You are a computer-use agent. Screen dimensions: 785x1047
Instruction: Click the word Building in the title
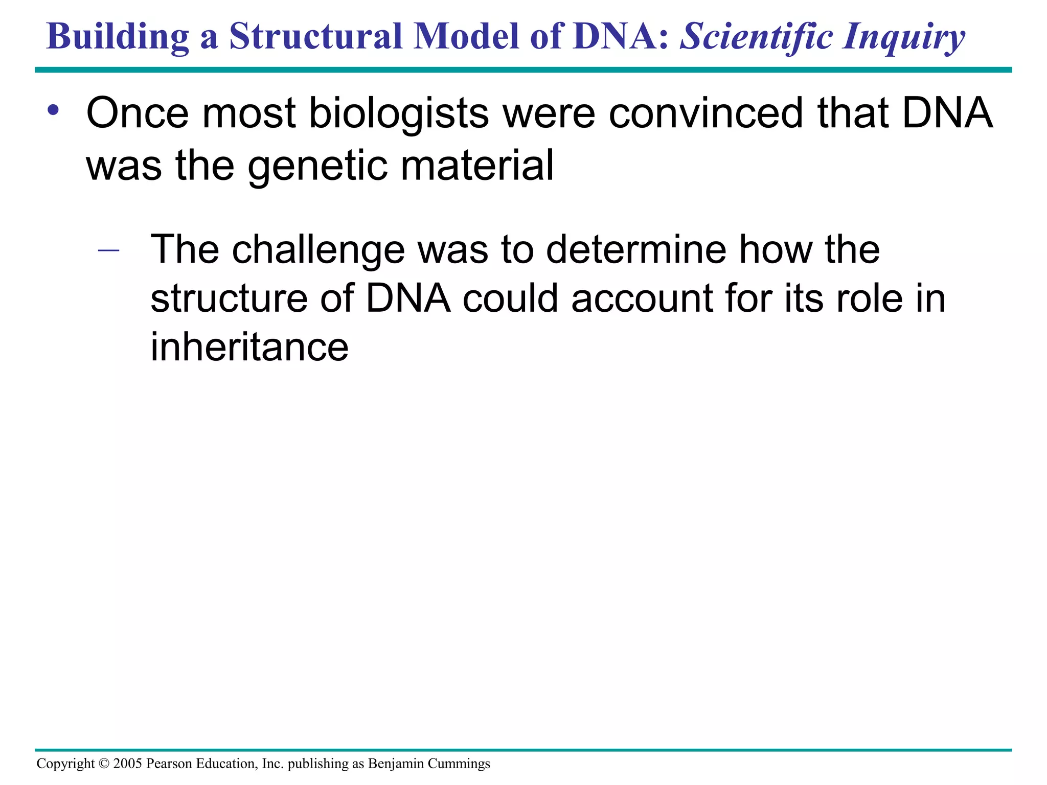(118, 37)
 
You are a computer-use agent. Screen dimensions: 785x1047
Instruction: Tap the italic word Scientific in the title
(757, 37)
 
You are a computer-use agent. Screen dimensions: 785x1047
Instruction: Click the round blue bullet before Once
(53, 110)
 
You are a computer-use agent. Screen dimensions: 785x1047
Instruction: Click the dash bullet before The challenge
(108, 250)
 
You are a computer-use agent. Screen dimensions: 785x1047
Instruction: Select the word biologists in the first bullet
(399, 113)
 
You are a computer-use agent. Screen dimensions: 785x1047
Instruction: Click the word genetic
(317, 166)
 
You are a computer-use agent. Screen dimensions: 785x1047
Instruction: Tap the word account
(642, 299)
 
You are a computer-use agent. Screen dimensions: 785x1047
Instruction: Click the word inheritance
(249, 347)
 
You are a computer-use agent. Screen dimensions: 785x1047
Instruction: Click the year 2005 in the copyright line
(127, 764)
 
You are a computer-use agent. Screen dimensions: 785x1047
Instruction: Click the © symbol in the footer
(104, 764)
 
